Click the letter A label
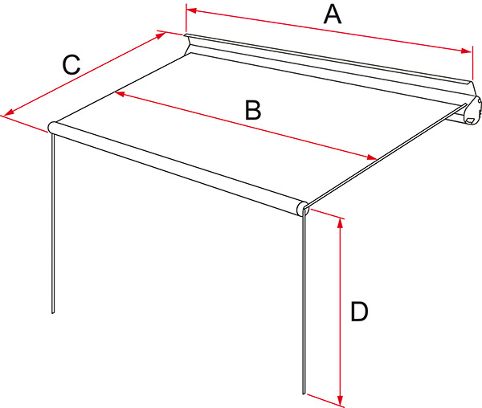(x=333, y=15)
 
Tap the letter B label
(x=253, y=110)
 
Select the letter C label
(x=71, y=64)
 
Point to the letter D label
(x=359, y=312)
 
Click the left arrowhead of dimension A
(x=191, y=10)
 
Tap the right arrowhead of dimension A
(x=466, y=51)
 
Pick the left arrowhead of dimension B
(x=119, y=93)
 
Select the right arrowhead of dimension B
(x=372, y=157)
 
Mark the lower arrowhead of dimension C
(x=9, y=112)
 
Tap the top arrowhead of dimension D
(x=340, y=223)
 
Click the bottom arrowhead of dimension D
(x=340, y=400)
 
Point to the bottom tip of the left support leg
(x=52, y=312)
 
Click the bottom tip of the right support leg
(x=304, y=393)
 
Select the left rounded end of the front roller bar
(x=52, y=127)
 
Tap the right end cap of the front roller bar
(x=302, y=208)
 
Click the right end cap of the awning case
(x=474, y=111)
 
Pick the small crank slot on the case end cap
(x=470, y=121)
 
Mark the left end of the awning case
(x=187, y=44)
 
